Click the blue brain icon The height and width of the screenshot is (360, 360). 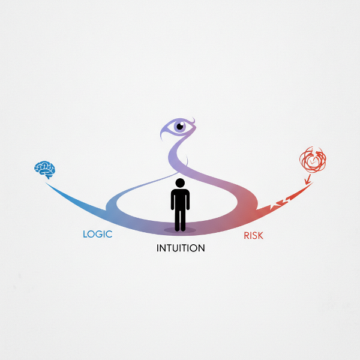(x=45, y=169)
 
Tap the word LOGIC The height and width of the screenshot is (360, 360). (x=98, y=234)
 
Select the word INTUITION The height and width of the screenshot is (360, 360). (x=181, y=248)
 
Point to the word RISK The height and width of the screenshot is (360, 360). (x=253, y=236)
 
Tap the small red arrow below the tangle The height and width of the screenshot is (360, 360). (x=307, y=179)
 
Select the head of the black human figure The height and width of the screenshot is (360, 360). (x=180, y=183)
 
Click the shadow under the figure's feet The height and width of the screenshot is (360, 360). (x=180, y=230)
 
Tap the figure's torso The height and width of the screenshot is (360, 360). (x=180, y=199)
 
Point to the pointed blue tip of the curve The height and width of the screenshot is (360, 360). (x=46, y=183)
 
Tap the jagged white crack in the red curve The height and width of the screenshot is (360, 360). (x=281, y=202)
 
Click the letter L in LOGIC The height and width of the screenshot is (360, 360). (x=85, y=234)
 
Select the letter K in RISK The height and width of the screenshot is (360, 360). (x=260, y=236)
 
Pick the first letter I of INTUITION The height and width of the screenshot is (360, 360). (x=158, y=248)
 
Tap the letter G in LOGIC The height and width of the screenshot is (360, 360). (x=100, y=234)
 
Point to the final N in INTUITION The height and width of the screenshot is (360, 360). (x=202, y=248)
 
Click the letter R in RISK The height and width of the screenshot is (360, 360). (x=247, y=236)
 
